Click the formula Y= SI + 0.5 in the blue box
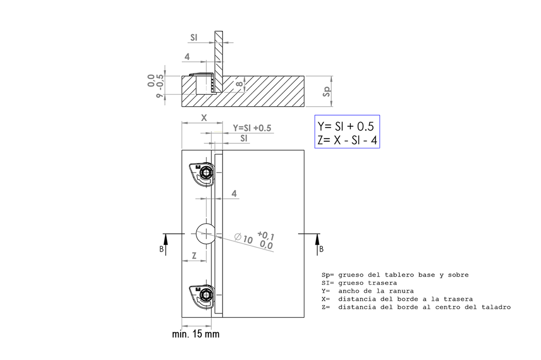pos(346,126)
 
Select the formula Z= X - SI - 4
pos(347,140)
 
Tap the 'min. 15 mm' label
pos(195,334)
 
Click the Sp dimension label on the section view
pos(327,91)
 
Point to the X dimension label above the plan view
pos(204,118)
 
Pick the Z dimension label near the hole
pos(194,256)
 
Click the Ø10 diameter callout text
pos(244,238)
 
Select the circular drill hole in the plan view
pos(206,234)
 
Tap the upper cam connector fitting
pos(202,172)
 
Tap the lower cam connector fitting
pos(202,296)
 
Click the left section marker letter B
pos(161,249)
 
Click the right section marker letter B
pos(321,249)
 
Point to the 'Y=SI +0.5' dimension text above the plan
pos(252,128)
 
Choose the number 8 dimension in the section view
pos(239,85)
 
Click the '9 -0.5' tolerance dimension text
pos(160,86)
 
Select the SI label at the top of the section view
pos(194,38)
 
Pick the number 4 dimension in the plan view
pos(234,193)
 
